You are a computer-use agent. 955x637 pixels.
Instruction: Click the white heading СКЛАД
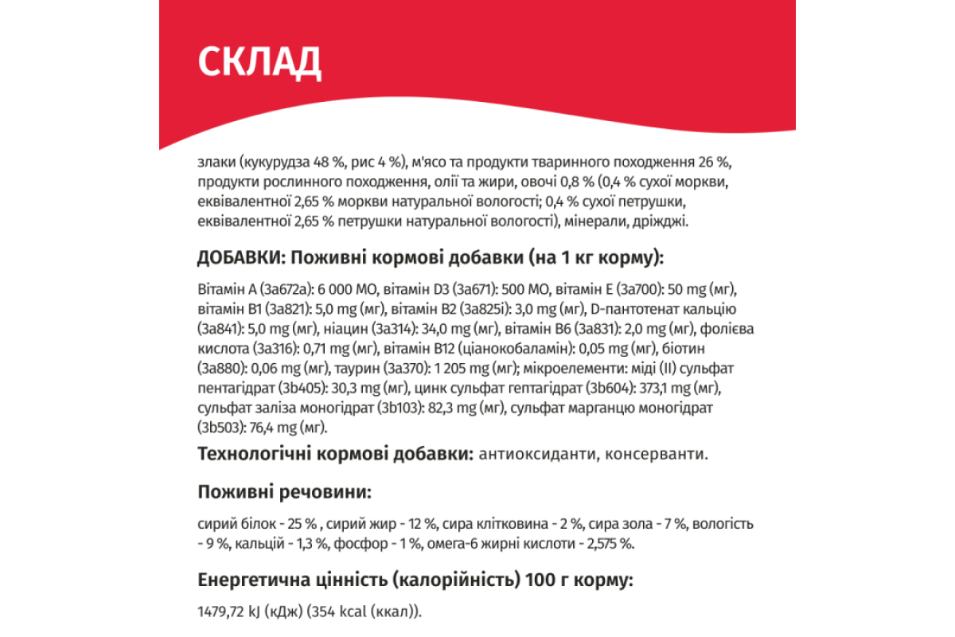click(259, 61)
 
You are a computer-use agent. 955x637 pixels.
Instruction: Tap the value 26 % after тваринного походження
click(714, 162)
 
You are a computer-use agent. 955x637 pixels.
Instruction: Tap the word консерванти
click(655, 455)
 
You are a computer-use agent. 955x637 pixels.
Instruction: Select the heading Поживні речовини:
click(283, 492)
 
